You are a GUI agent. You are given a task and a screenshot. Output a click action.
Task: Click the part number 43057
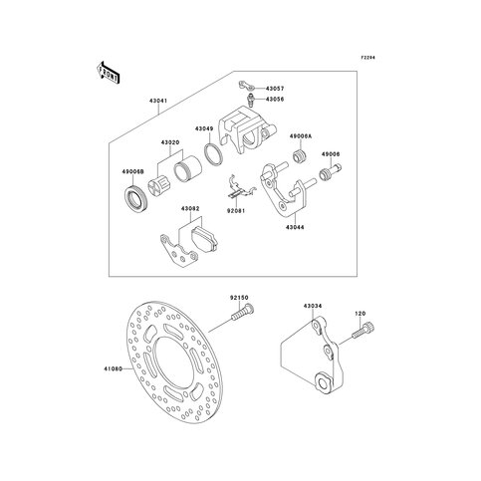pos(276,89)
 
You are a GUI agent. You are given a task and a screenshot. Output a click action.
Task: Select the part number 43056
pos(276,100)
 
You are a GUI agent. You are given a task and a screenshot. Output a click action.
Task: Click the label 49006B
pos(133,172)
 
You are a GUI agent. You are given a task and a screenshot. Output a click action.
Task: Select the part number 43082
pos(190,208)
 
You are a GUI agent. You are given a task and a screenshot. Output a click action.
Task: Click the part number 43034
pos(312,308)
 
